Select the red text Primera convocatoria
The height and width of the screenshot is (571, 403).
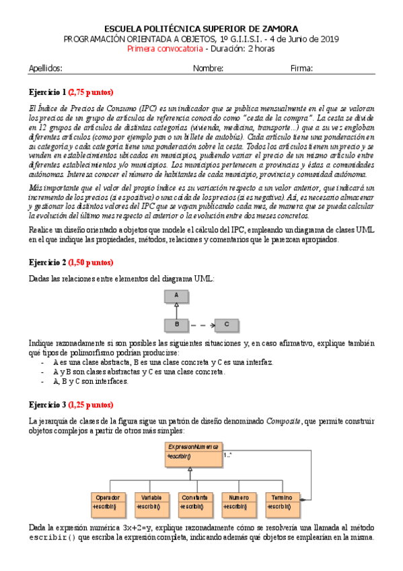coord(165,48)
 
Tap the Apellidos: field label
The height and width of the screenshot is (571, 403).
coord(46,68)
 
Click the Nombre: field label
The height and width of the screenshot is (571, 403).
coord(208,68)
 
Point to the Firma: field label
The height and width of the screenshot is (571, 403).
coord(302,68)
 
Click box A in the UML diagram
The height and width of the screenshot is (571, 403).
coord(176,295)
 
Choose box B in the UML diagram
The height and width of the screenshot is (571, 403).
coord(176,325)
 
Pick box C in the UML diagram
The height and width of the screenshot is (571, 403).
coord(227,325)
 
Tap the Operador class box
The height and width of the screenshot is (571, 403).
coord(109,502)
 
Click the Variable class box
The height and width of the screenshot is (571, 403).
coord(153,502)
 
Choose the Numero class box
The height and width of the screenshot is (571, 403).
coord(240,502)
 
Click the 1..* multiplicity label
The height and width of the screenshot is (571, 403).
coord(229,455)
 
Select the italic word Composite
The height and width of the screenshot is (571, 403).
coord(283,421)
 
